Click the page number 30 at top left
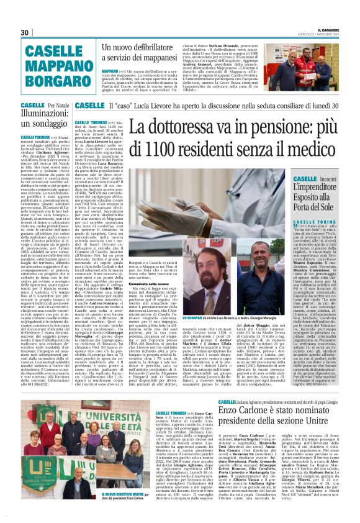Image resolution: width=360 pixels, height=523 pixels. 25,32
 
